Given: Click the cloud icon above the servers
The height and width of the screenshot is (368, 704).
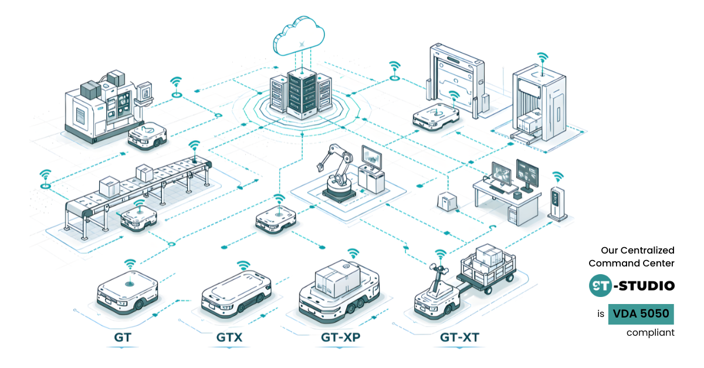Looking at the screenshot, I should click(x=299, y=36).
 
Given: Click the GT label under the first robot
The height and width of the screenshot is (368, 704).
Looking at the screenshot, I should click(x=123, y=338).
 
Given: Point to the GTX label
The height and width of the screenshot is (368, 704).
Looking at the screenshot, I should click(x=229, y=338).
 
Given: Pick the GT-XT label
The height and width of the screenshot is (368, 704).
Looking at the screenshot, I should click(x=459, y=338).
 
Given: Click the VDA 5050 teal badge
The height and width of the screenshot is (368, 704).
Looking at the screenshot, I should click(x=641, y=314).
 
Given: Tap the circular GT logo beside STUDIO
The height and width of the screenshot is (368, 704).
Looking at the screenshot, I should click(x=601, y=286).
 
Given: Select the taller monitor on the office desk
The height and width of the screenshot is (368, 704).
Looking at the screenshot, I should click(x=527, y=175).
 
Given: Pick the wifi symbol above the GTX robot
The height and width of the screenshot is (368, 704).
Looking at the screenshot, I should click(x=243, y=266).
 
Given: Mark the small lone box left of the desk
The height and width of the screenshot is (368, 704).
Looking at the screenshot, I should click(x=447, y=201).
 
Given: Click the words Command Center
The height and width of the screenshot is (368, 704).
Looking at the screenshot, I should click(x=631, y=264).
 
